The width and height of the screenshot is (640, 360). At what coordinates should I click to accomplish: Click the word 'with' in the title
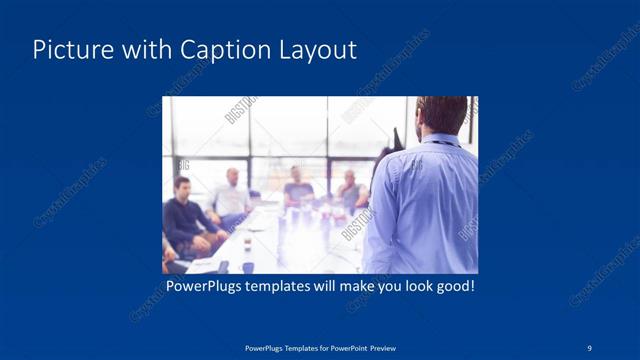point(146,50)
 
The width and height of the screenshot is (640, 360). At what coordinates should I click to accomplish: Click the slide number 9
point(589,346)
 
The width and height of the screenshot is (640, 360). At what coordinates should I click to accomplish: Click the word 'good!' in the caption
point(453,287)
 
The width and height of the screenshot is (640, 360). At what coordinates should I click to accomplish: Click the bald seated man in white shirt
point(231,194)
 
